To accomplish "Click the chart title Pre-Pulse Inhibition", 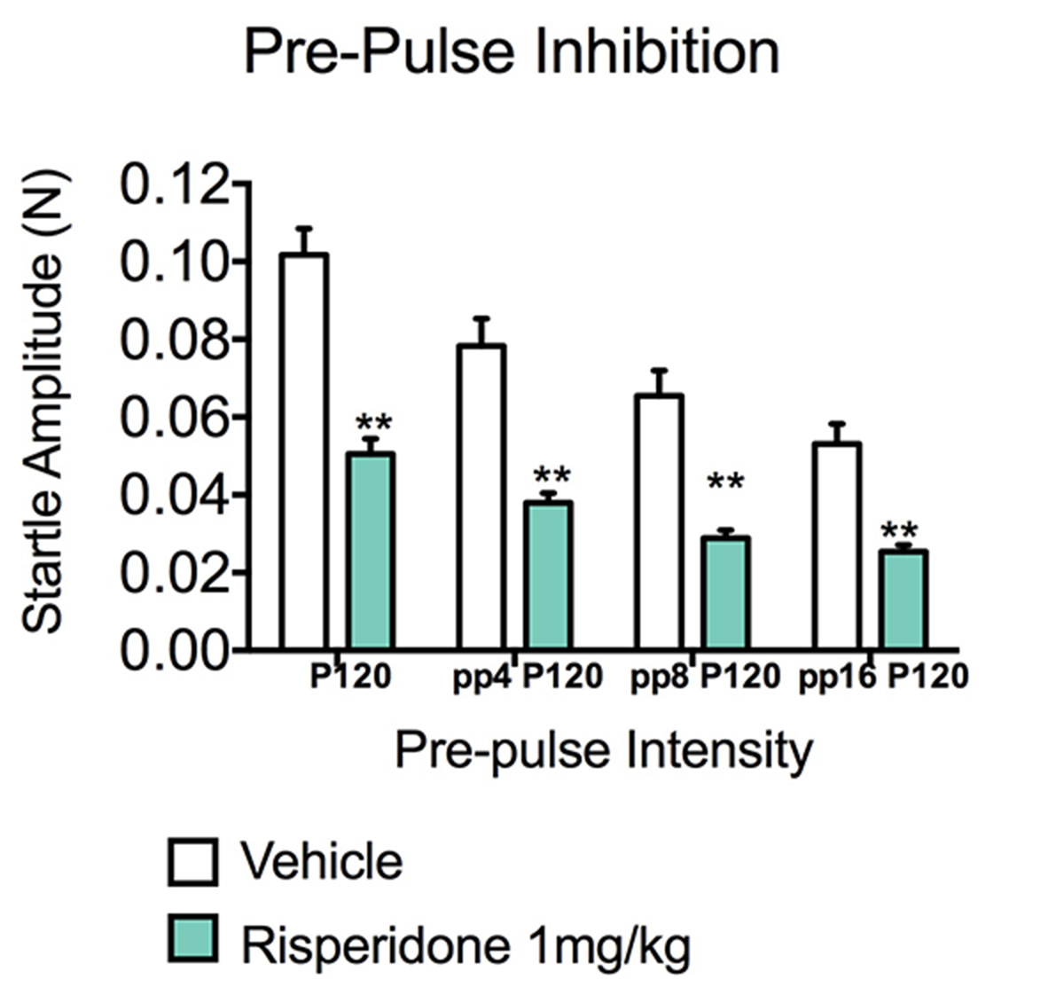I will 512,51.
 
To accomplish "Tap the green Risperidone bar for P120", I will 370,550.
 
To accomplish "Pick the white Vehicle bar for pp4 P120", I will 481,497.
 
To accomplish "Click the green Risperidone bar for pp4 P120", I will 547,575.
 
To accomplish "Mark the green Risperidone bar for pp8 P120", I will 725,592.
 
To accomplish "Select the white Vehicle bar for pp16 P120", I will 836,545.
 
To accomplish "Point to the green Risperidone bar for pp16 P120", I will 903,599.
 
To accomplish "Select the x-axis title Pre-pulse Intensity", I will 603,750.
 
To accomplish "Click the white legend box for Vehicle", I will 192,862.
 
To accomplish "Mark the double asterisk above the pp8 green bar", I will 725,484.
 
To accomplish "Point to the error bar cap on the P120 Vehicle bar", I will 304,228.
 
